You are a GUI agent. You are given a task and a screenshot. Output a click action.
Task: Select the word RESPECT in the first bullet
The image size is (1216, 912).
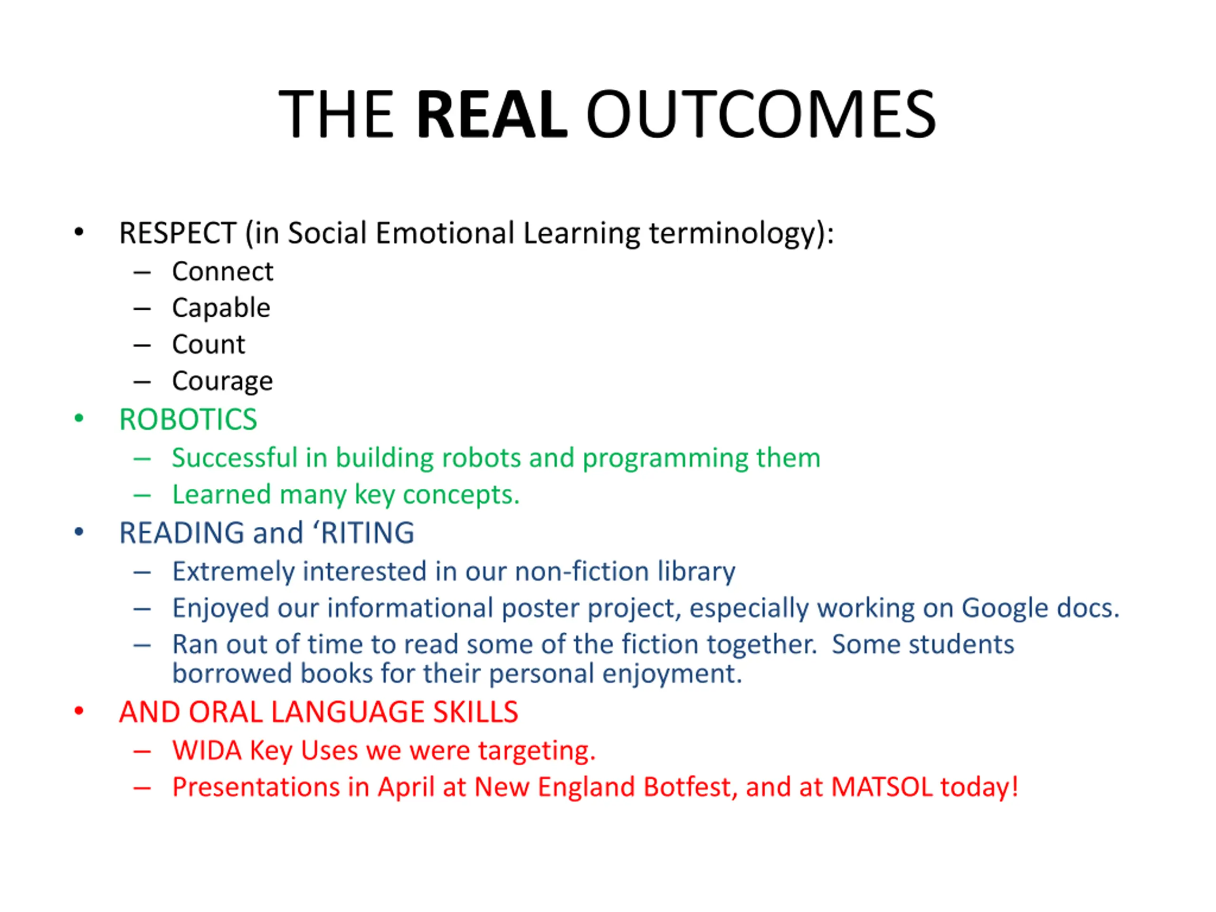pos(178,233)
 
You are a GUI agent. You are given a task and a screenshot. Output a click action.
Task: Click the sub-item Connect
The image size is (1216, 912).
pos(222,271)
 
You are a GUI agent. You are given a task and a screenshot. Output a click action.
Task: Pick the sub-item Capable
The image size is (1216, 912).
pos(221,308)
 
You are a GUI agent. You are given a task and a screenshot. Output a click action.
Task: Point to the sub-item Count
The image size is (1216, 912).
pos(209,345)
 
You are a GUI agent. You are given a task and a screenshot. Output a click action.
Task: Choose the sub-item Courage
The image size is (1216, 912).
pos(222,381)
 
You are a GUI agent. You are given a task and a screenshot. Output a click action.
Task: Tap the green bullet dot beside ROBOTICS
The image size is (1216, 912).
pos(79,419)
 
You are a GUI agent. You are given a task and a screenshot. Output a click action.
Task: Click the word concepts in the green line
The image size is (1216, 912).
pos(461,495)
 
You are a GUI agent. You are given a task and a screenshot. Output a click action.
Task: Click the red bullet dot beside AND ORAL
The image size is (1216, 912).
pos(79,712)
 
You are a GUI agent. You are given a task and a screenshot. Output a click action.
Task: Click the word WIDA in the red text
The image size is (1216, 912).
pos(207,751)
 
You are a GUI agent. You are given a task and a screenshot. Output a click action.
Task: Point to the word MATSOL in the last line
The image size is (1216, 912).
pos(881,787)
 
